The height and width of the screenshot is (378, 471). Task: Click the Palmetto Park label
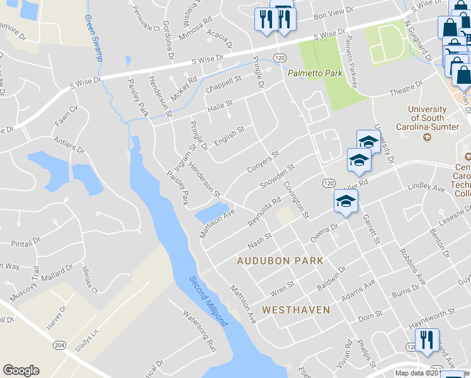tap(315, 74)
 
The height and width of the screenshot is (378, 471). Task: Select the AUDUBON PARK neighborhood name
tap(280, 260)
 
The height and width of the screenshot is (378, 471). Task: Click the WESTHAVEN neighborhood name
tap(295, 310)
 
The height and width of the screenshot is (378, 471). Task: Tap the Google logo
tap(21, 370)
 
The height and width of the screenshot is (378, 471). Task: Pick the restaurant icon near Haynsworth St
tap(427, 341)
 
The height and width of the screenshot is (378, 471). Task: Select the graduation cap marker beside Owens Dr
tap(346, 202)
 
